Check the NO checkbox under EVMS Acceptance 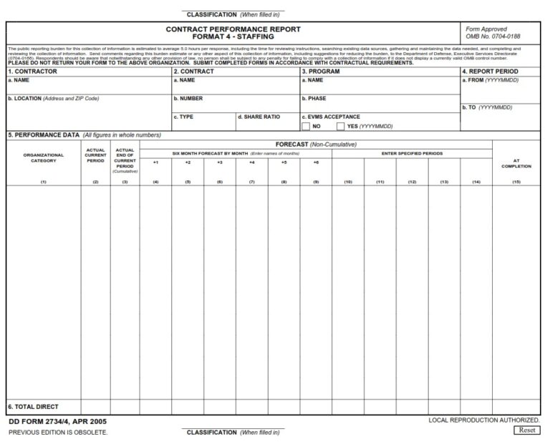(x=306, y=127)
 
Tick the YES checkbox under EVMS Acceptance (x=341, y=127)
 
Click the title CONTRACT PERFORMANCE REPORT (x=233, y=29)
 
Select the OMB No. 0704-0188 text (x=493, y=36)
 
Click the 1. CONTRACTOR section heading (x=32, y=72)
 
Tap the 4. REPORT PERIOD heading (x=490, y=72)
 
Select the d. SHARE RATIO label (x=259, y=117)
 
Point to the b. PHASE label (x=314, y=99)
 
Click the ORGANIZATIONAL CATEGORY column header (x=43, y=158)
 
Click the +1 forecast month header (x=155, y=163)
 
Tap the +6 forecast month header (x=316, y=163)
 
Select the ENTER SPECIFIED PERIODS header (x=412, y=153)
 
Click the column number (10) (x=348, y=182)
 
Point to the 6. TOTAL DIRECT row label (x=33, y=407)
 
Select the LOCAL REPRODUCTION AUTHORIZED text (x=484, y=420)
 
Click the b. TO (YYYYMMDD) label (x=487, y=107)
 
